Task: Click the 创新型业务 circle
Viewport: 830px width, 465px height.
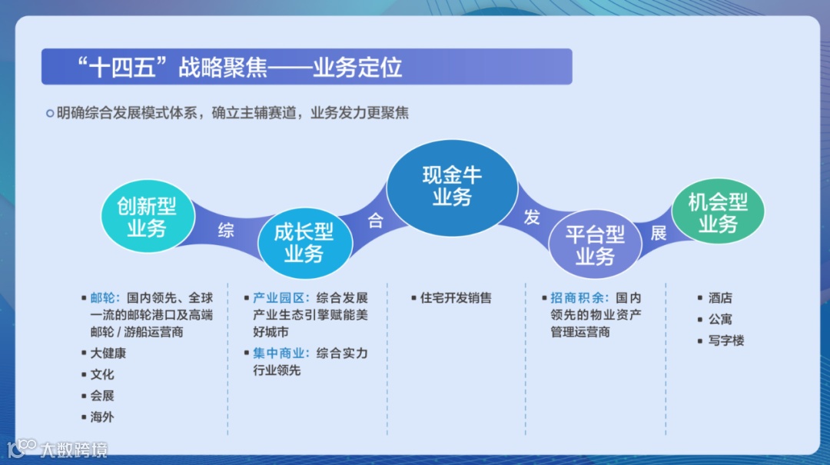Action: pyautogui.click(x=147, y=217)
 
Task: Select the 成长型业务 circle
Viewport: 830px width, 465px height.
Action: pyautogui.click(x=304, y=243)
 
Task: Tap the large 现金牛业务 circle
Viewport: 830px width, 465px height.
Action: pyautogui.click(x=452, y=187)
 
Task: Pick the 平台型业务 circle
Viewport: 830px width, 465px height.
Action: pyautogui.click(x=595, y=245)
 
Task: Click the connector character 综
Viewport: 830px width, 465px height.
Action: pyautogui.click(x=225, y=230)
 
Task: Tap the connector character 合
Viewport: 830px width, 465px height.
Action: pyautogui.click(x=375, y=221)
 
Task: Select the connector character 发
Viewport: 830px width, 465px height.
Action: pyautogui.click(x=532, y=218)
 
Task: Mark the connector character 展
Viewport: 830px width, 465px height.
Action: pyautogui.click(x=659, y=234)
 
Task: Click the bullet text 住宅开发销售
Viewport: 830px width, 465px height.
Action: pyautogui.click(x=456, y=297)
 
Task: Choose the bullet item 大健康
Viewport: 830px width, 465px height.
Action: pyautogui.click(x=108, y=354)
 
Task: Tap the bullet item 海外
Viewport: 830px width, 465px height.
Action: pyautogui.click(x=101, y=417)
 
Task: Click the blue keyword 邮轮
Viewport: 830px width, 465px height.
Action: pyautogui.click(x=104, y=297)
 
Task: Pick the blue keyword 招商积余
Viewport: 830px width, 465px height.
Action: pyautogui.click(x=578, y=297)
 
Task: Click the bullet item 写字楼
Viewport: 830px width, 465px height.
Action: pyautogui.click(x=726, y=340)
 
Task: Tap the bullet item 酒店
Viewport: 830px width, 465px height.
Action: pyautogui.click(x=720, y=297)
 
